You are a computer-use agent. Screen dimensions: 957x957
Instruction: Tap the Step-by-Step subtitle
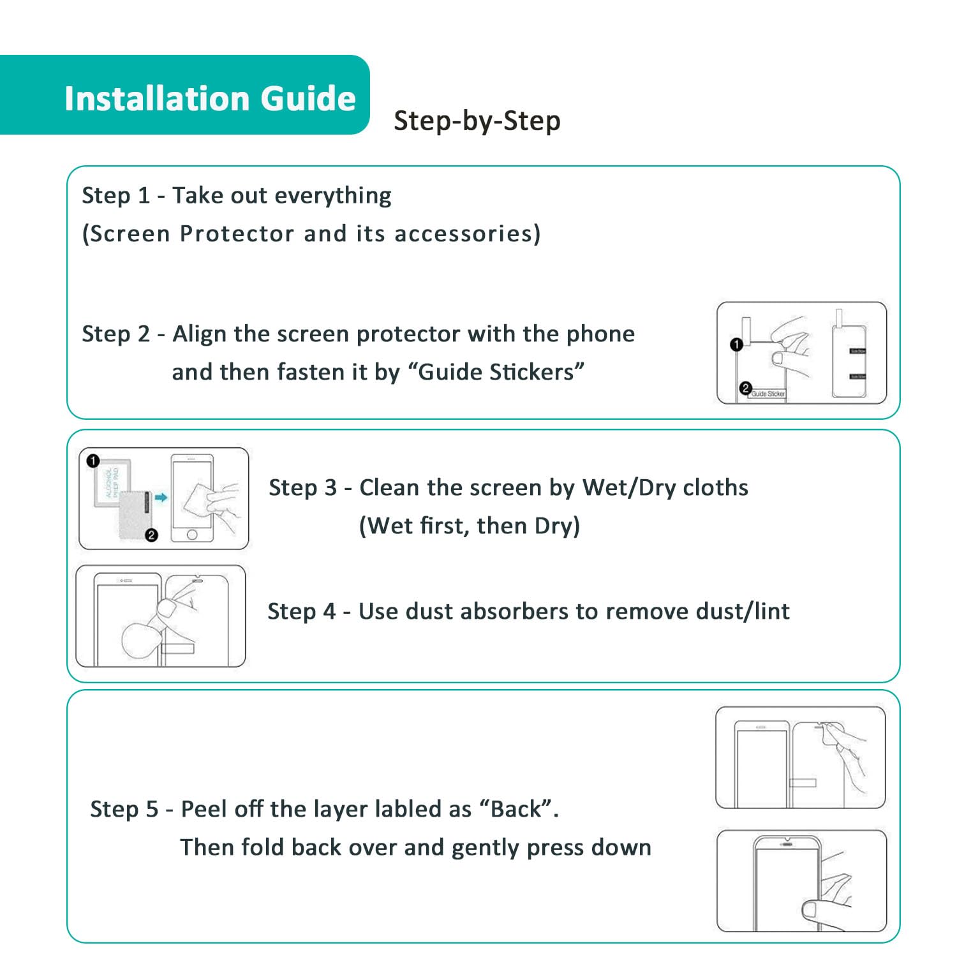(x=477, y=121)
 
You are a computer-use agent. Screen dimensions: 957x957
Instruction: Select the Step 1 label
(x=115, y=195)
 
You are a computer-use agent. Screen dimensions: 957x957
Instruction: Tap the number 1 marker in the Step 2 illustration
(x=736, y=345)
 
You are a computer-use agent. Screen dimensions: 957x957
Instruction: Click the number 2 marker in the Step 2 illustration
(x=745, y=388)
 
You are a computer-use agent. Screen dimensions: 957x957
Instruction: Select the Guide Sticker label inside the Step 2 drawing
(x=768, y=394)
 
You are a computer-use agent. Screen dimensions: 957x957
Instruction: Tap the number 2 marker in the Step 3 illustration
(x=151, y=535)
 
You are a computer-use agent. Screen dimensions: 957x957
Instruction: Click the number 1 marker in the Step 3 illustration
(x=93, y=461)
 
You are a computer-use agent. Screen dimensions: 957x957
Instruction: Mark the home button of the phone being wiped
(x=191, y=535)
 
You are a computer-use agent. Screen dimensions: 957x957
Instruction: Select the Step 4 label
(x=301, y=611)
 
